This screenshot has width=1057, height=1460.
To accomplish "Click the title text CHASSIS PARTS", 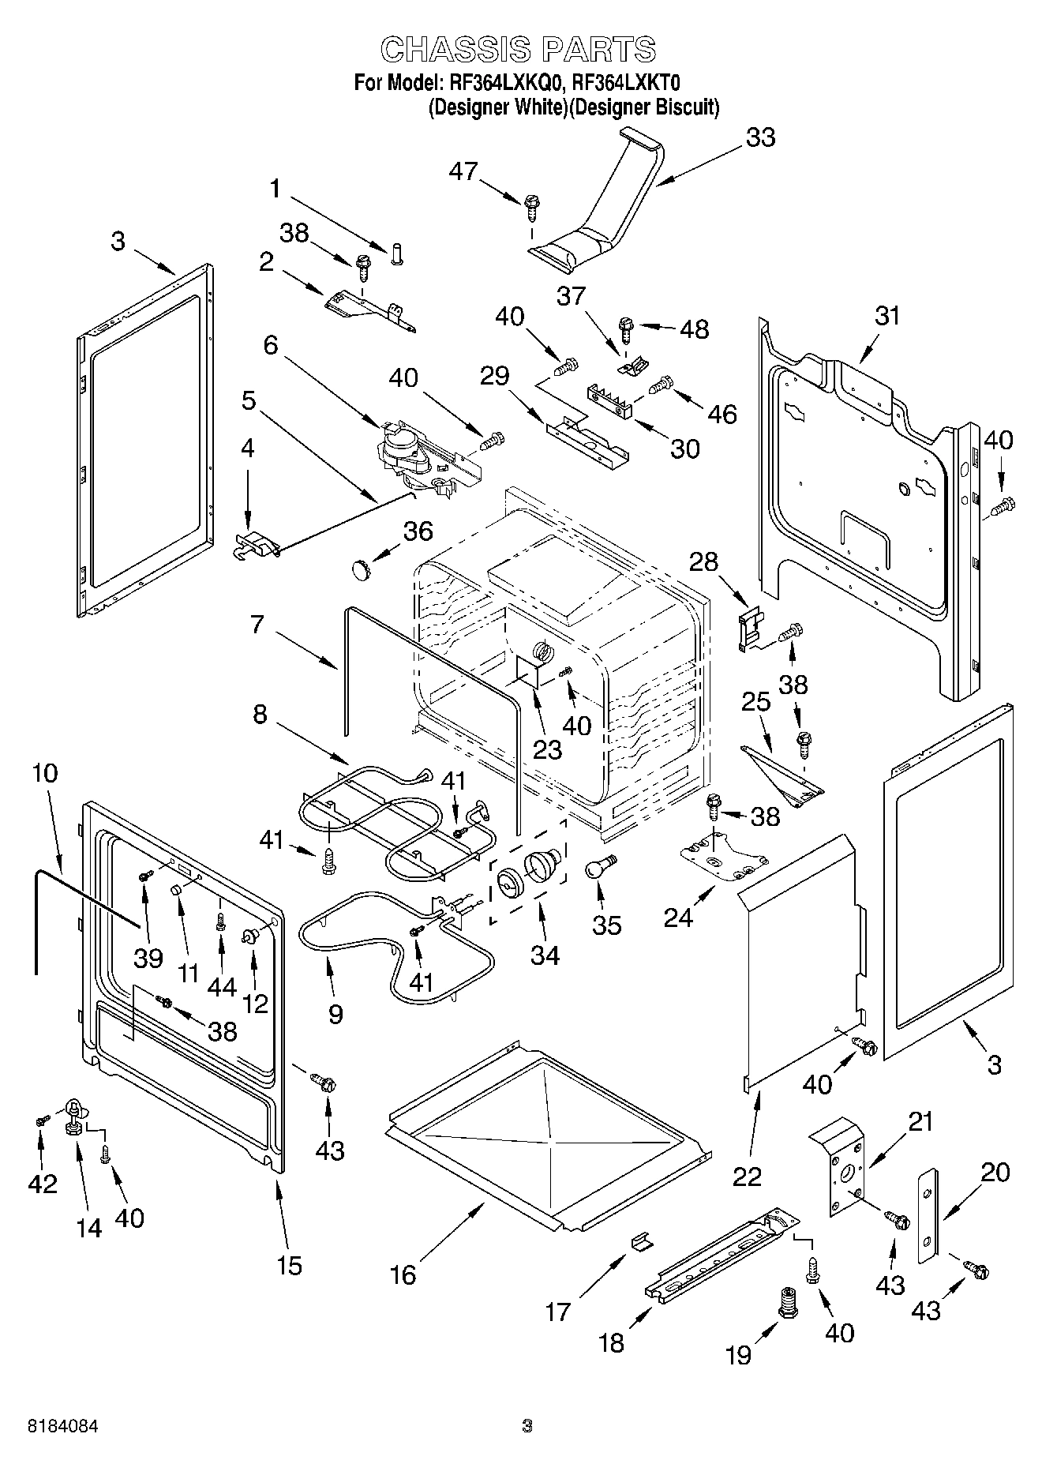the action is (x=518, y=50).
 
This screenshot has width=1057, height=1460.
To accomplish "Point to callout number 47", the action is (x=464, y=171).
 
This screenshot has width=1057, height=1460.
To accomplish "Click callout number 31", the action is (x=887, y=316).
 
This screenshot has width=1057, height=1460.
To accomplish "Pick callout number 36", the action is (x=418, y=531).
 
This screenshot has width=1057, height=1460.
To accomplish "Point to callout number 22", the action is (x=747, y=1176).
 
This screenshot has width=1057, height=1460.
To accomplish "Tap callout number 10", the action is (x=45, y=772).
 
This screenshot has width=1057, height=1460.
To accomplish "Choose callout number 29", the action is (x=495, y=375).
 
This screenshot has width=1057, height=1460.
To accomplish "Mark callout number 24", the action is (x=678, y=917).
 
